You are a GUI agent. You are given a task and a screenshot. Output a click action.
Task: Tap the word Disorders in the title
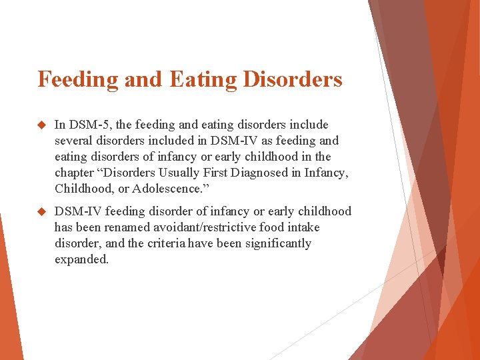[291, 79]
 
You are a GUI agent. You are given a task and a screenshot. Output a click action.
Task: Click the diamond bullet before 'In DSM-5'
[41, 125]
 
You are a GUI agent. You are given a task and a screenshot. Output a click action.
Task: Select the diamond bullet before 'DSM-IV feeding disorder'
[41, 211]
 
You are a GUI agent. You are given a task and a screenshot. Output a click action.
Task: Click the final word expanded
[81, 259]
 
